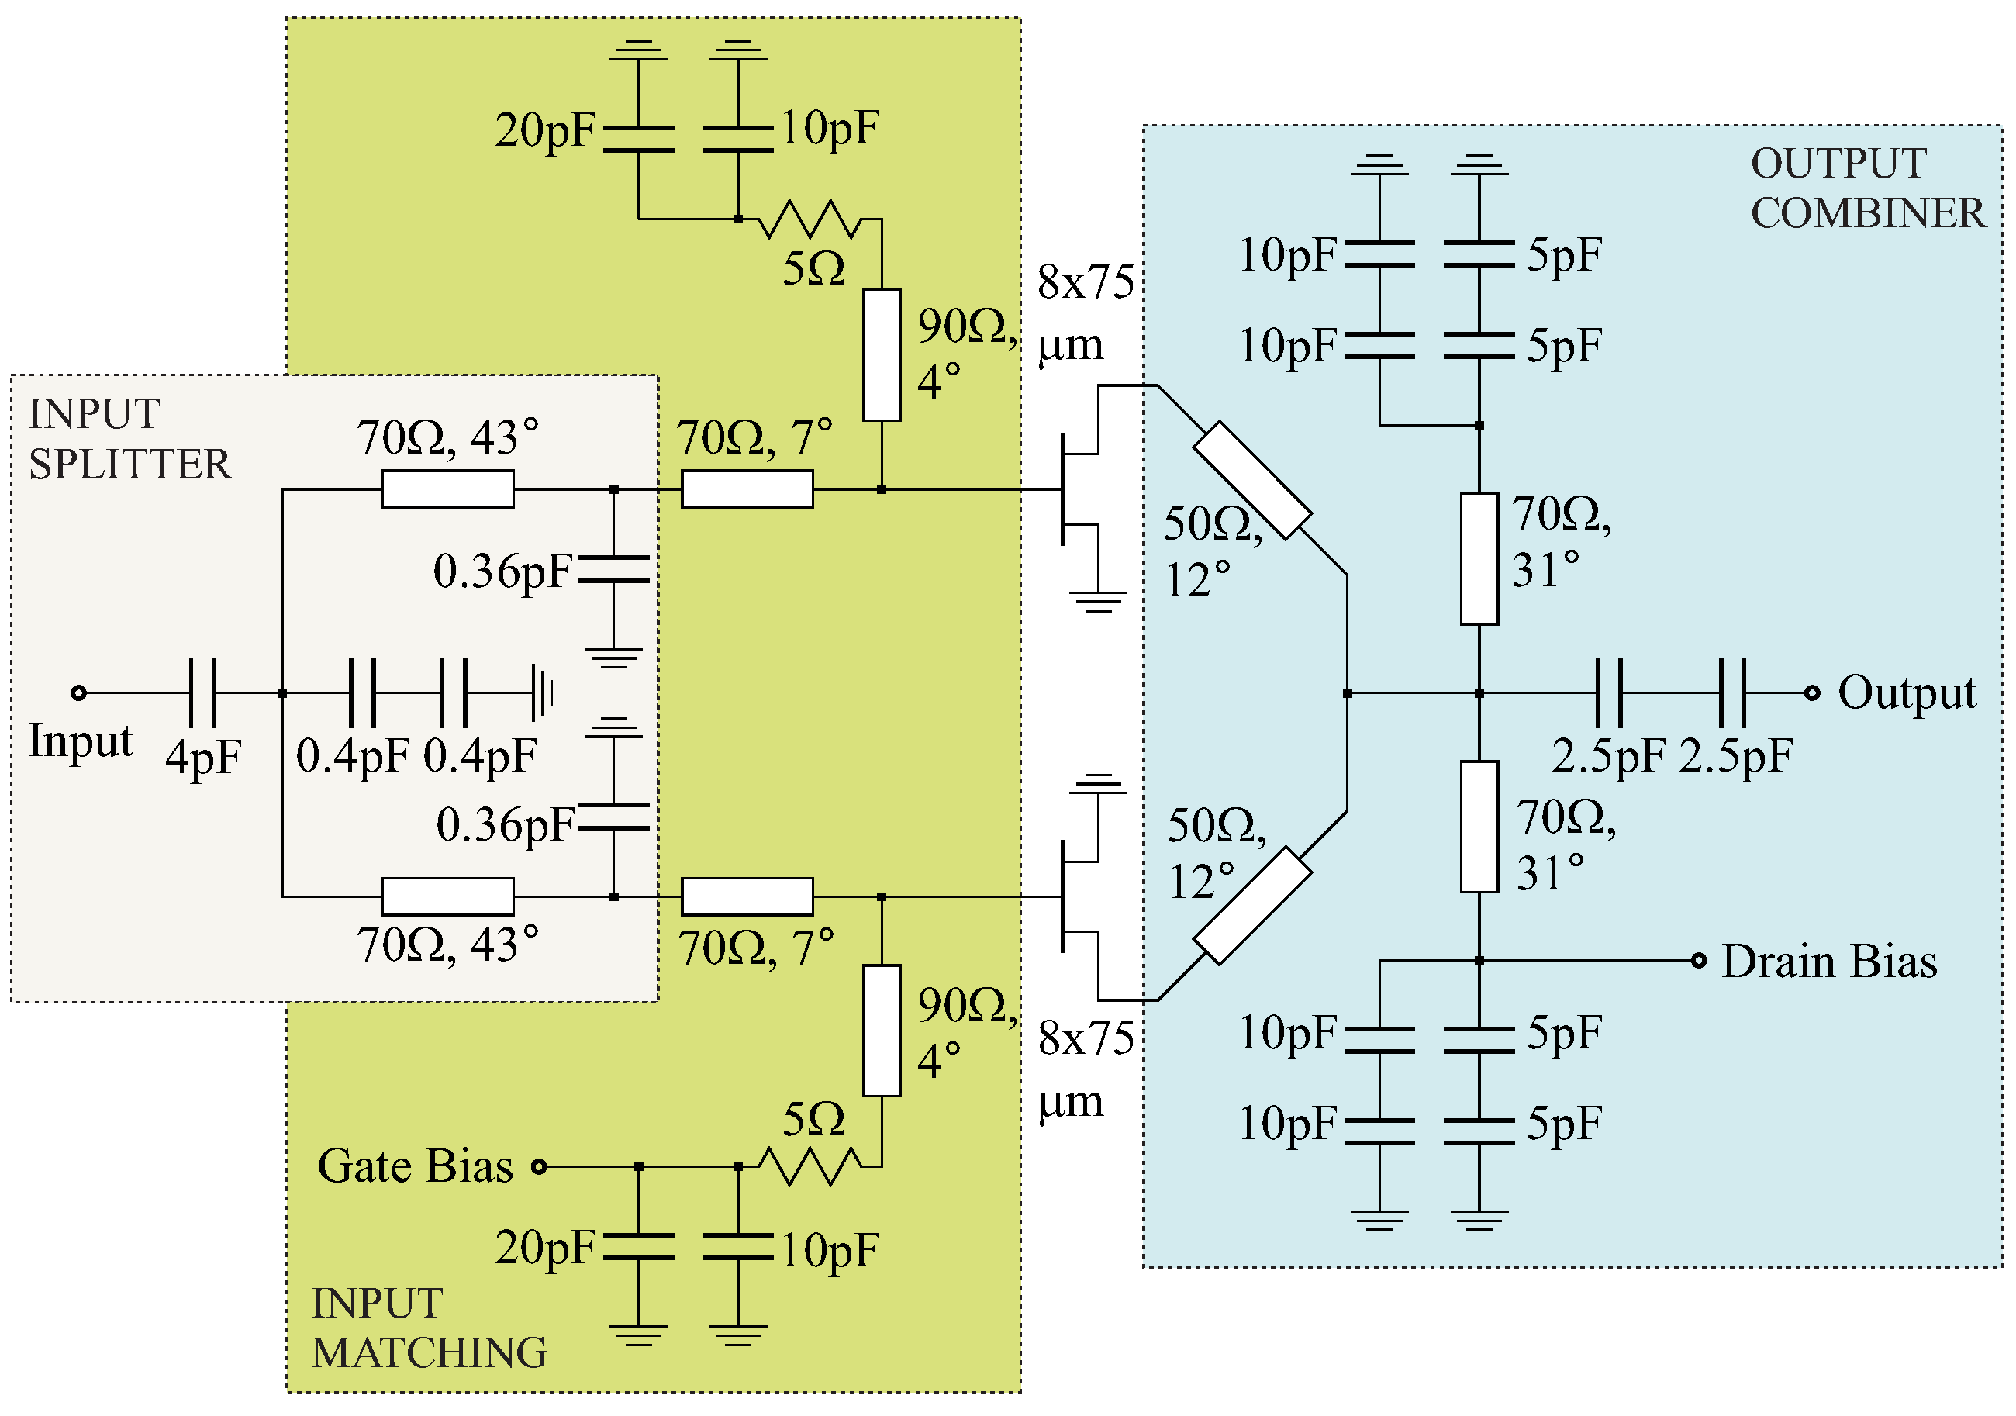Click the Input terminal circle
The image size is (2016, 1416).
coord(78,693)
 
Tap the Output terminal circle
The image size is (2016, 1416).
coord(1812,693)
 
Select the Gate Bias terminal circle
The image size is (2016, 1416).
coord(540,1166)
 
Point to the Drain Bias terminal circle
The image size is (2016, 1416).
coord(1699,961)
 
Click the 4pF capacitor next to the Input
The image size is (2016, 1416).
coord(203,693)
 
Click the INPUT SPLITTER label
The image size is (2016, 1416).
coord(130,439)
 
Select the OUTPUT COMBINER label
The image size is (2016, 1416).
coord(1866,188)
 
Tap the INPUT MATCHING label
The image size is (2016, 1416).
coord(429,1328)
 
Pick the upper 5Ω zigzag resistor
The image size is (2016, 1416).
coord(809,219)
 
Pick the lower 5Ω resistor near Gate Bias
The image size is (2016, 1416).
coord(809,1166)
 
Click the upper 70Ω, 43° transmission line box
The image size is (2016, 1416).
coord(448,489)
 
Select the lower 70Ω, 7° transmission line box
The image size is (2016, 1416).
coord(747,897)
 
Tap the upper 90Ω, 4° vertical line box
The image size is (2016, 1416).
coord(882,355)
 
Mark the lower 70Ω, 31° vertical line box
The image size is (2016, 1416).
coord(1479,827)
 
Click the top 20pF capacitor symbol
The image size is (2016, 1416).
coord(639,139)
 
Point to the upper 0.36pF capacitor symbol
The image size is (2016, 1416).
coord(614,569)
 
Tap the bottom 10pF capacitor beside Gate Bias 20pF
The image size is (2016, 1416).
coord(738,1248)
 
